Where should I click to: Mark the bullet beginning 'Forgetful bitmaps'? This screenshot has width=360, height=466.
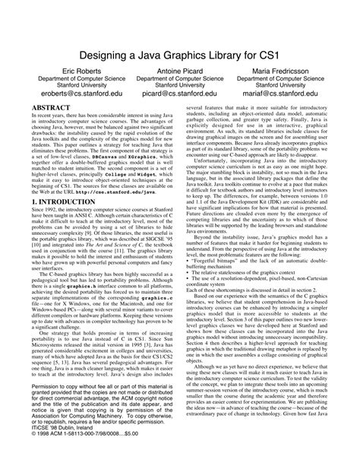tap(243, 281)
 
